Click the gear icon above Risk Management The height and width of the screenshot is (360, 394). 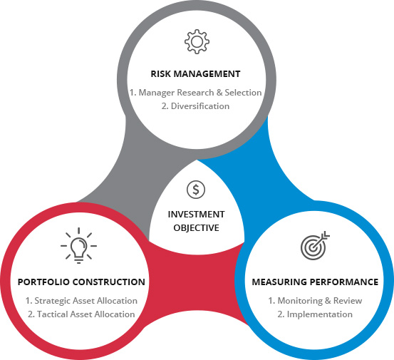coord(197,42)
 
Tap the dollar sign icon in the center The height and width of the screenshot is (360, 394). coord(196,190)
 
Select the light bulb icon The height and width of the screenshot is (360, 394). coord(78,246)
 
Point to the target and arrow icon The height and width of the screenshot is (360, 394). coord(315,245)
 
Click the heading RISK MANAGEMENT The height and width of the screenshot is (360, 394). coord(195,74)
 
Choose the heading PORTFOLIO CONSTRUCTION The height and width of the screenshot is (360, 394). coord(81,282)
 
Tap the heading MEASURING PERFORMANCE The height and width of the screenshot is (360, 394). coord(315,282)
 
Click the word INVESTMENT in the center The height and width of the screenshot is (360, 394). coord(196,215)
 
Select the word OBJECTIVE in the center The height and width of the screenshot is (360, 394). coord(196,228)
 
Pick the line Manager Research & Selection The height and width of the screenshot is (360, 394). coord(200,93)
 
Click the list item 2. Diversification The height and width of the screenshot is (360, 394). coord(195,106)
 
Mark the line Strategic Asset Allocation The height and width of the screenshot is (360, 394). coord(85,301)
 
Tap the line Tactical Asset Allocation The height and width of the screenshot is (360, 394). coord(86,314)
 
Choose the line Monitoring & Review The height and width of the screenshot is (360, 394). coord(320,301)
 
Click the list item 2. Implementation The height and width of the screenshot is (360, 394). coord(315,314)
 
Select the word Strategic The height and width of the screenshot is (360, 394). coord(51,301)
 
